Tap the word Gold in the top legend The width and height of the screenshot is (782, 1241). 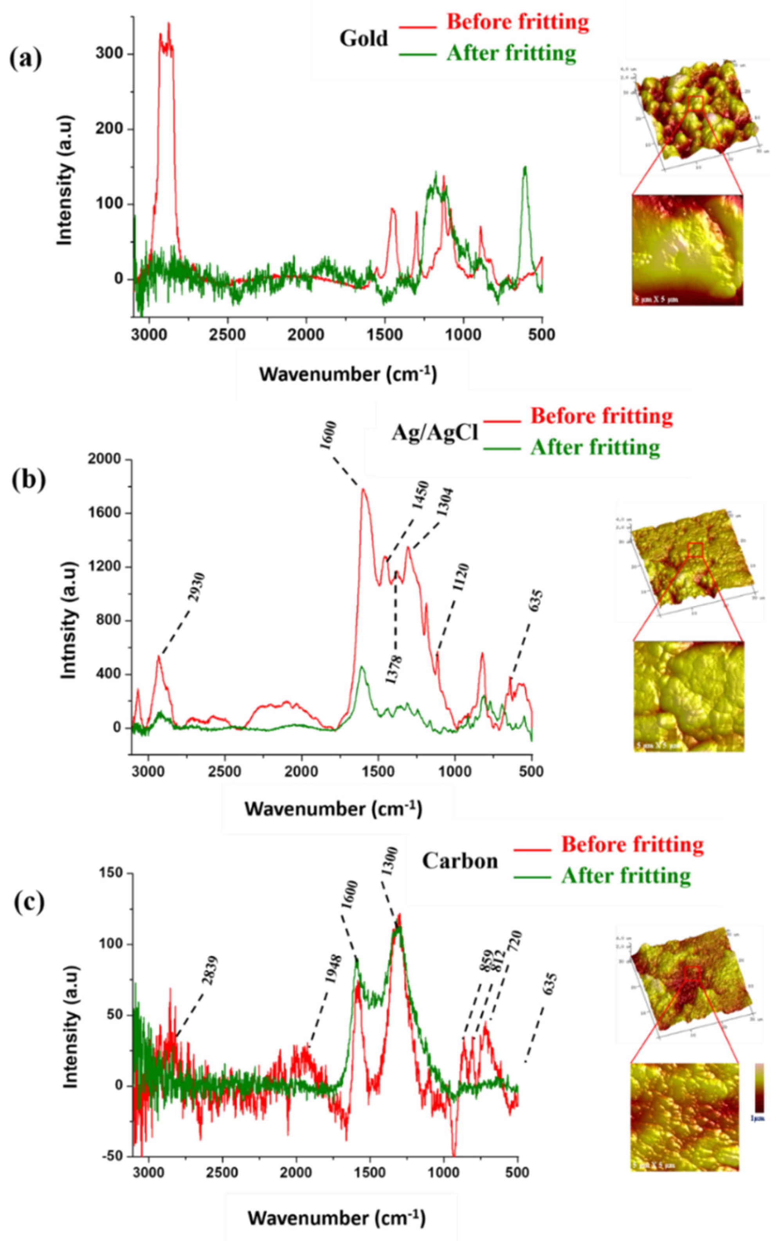364,39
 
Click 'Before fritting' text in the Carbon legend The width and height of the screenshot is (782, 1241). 632,845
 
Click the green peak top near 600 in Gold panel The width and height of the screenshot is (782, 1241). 525,168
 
